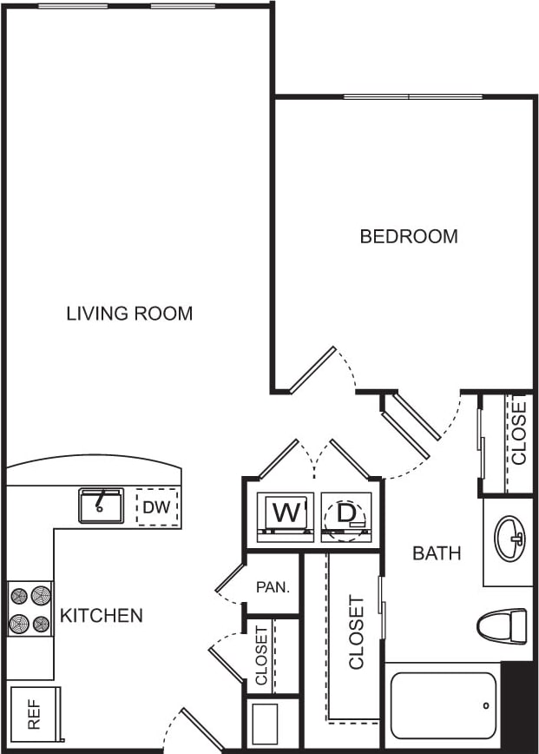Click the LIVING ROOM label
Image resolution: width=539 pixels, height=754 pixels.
pyautogui.click(x=129, y=314)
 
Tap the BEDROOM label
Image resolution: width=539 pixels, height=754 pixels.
pyautogui.click(x=409, y=236)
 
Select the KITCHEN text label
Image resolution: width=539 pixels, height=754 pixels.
pyautogui.click(x=101, y=616)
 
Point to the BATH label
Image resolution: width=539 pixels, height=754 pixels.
pyautogui.click(x=436, y=552)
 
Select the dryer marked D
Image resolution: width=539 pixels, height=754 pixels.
pyautogui.click(x=346, y=515)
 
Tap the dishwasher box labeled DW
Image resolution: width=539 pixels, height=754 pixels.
pyautogui.click(x=157, y=507)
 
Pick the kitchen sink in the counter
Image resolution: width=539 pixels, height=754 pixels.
pyautogui.click(x=101, y=505)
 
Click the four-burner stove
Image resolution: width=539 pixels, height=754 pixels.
pyautogui.click(x=30, y=609)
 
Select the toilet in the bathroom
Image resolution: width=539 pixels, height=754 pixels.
pyautogui.click(x=503, y=624)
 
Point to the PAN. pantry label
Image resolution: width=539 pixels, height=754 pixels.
pyautogui.click(x=272, y=586)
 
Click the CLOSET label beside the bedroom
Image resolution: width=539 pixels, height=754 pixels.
pyautogui.click(x=518, y=431)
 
